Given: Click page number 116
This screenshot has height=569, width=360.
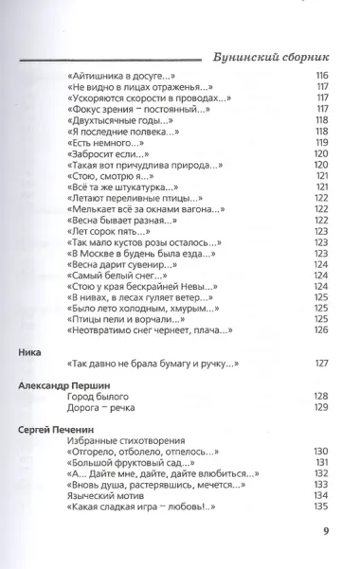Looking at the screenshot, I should (x=321, y=76).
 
